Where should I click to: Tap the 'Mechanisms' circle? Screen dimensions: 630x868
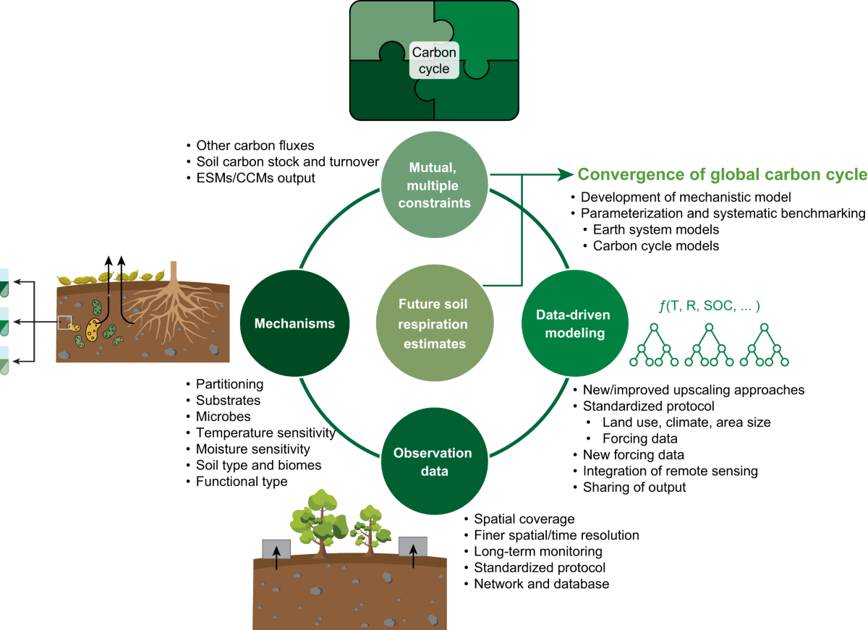(294, 323)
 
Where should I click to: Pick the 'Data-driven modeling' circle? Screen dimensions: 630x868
(573, 323)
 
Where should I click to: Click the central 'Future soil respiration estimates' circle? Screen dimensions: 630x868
(433, 324)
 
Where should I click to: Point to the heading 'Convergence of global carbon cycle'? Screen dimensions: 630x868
(722, 174)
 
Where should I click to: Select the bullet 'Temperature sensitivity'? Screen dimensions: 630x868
(265, 433)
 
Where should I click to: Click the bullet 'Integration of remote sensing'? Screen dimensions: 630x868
(670, 471)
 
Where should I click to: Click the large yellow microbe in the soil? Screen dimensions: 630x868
(93, 329)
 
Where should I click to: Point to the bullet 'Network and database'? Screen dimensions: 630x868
(541, 583)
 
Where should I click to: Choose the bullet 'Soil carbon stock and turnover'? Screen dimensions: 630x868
(288, 161)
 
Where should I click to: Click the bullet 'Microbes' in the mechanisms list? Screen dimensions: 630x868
(223, 417)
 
